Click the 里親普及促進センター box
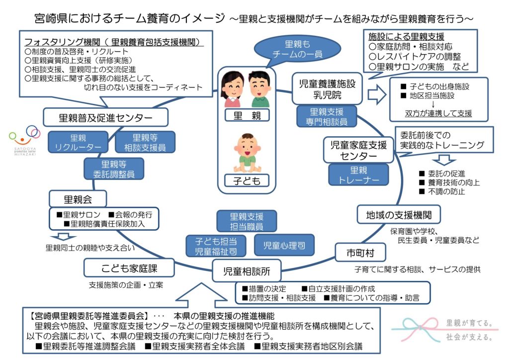pos(105,118)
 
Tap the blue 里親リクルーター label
pos(78,142)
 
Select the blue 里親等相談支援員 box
pos(145,142)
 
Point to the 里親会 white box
pos(78,199)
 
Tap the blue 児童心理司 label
pos(281,245)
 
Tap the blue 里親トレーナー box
pos(358,174)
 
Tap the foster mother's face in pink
pos(232,85)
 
